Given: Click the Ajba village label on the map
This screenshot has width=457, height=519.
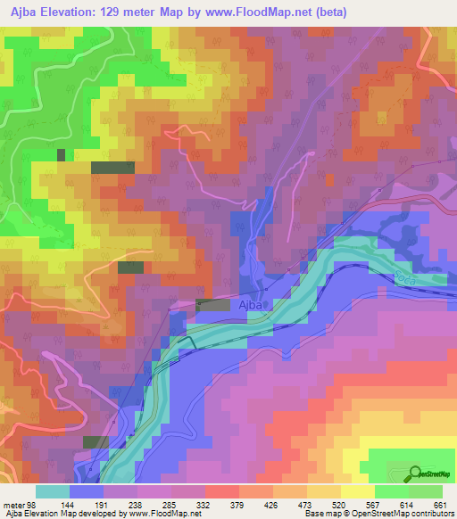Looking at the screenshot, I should (250, 305).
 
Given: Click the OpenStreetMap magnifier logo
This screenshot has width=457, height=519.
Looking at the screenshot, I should (415, 473).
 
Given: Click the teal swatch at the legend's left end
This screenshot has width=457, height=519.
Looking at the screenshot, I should (53, 490).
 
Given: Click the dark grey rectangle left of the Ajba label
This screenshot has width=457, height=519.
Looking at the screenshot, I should (212, 305).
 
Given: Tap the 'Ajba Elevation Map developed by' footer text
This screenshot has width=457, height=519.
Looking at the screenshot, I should (54, 513).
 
